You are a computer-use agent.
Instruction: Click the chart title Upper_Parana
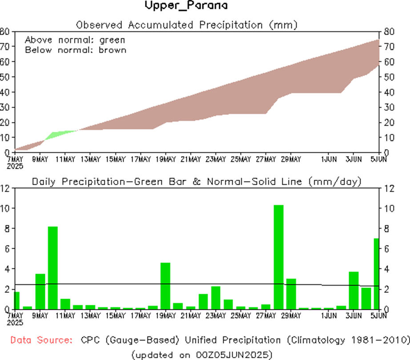point(186,6)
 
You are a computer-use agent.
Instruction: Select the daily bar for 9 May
point(40,291)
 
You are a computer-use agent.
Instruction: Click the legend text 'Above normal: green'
point(75,39)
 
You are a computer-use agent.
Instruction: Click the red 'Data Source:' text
point(41,340)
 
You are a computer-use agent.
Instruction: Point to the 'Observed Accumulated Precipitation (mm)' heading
point(186,24)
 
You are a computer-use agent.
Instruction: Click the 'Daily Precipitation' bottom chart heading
point(196,182)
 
